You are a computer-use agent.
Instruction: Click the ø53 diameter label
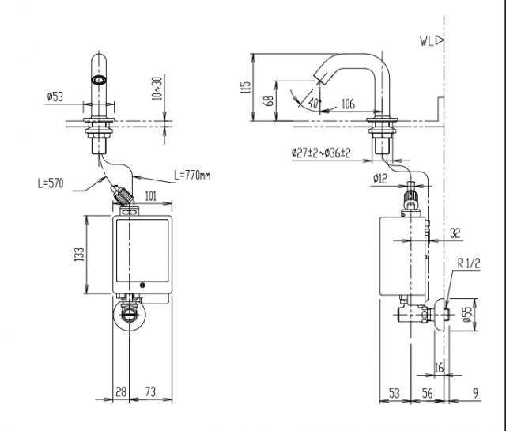point(55,96)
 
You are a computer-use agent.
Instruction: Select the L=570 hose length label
point(51,183)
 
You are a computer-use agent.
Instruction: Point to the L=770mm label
point(192,174)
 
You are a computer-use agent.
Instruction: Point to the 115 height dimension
point(246,86)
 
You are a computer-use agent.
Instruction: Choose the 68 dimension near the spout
point(270,100)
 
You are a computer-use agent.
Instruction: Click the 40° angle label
point(313,104)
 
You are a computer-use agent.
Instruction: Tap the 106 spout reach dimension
point(348,104)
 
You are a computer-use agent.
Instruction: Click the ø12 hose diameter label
point(378,179)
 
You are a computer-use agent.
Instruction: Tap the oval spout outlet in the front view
point(100,80)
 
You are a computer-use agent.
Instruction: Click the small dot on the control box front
point(142,285)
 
